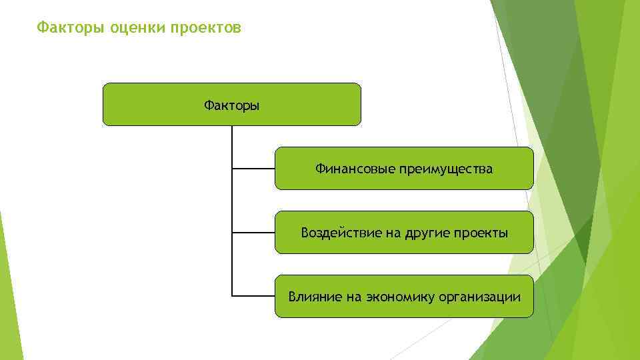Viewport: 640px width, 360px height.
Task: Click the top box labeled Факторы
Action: coord(231,105)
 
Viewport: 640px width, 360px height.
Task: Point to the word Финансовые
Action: coord(355,169)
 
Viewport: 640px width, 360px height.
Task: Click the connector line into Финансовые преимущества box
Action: coord(253,169)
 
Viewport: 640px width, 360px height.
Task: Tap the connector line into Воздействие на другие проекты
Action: coord(253,233)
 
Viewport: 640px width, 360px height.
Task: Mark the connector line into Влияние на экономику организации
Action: coord(253,295)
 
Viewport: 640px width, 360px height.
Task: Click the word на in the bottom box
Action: coord(353,297)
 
